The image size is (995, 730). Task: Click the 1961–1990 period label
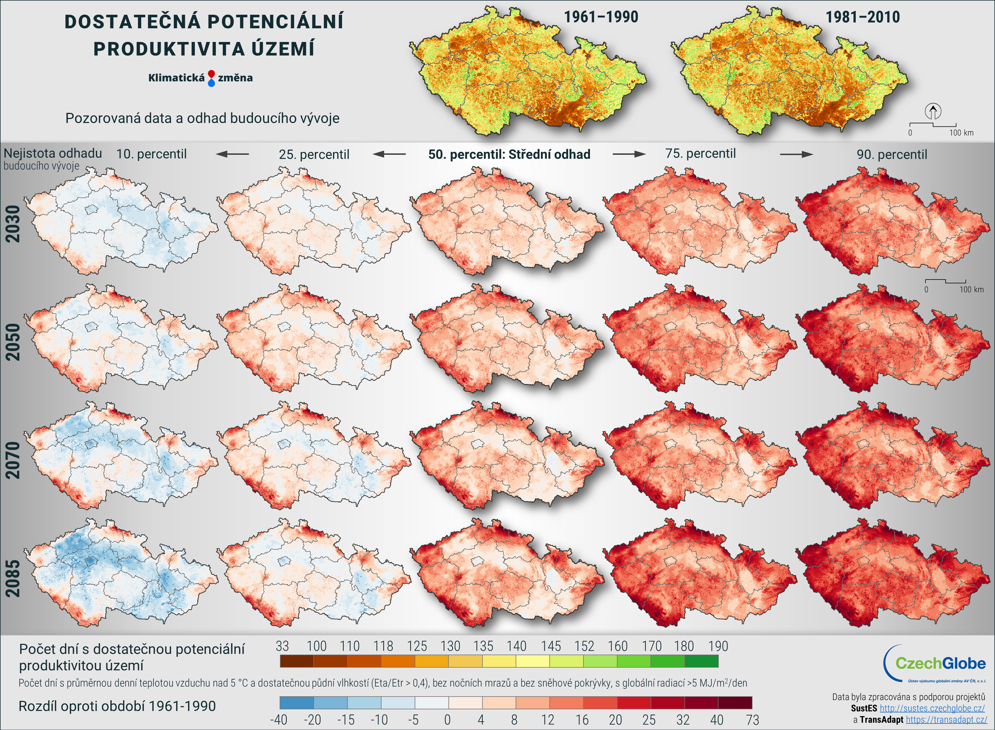[601, 17]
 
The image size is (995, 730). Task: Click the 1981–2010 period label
[863, 18]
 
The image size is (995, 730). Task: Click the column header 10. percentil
[151, 154]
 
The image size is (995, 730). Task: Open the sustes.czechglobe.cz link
[932, 708]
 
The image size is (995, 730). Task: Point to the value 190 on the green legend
[718, 646]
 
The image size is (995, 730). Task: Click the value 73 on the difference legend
[752, 720]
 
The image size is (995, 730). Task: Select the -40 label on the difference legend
[279, 720]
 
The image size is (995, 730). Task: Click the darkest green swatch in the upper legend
[701, 661]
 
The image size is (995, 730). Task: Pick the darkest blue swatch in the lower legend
[297, 703]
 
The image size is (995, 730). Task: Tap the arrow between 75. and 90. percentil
[796, 154]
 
